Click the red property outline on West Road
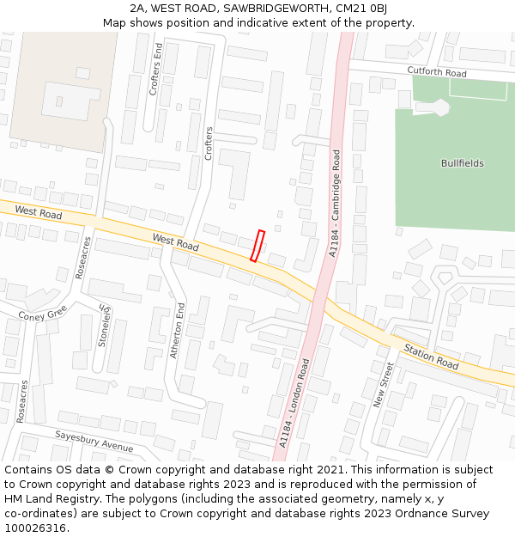[257, 246]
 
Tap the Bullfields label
[462, 163]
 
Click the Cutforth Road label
[437, 72]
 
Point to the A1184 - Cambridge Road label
[335, 204]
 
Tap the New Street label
[384, 384]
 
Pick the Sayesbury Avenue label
[94, 442]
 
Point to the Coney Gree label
[42, 315]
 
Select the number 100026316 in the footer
[34, 528]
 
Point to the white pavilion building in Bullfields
[439, 107]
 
